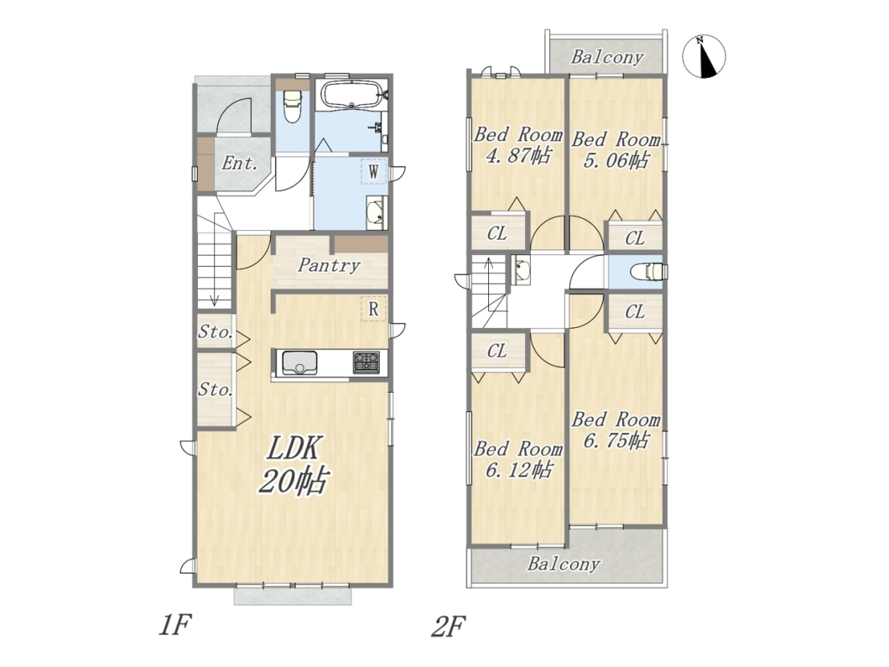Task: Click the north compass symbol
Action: point(704,56)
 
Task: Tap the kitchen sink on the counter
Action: point(299,362)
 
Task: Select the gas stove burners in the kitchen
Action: point(367,362)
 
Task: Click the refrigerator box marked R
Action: point(373,309)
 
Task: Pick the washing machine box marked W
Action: point(373,171)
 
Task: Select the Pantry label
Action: point(330,265)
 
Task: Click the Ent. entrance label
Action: point(240,164)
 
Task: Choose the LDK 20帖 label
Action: point(293,465)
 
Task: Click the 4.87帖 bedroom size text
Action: point(518,155)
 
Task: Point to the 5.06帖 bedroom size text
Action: point(616,160)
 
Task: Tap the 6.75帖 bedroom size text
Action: point(616,440)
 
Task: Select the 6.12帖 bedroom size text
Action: point(518,470)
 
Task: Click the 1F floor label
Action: point(174,626)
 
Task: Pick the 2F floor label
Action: point(449,627)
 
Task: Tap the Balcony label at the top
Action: point(606,57)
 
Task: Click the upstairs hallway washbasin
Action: point(520,270)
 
